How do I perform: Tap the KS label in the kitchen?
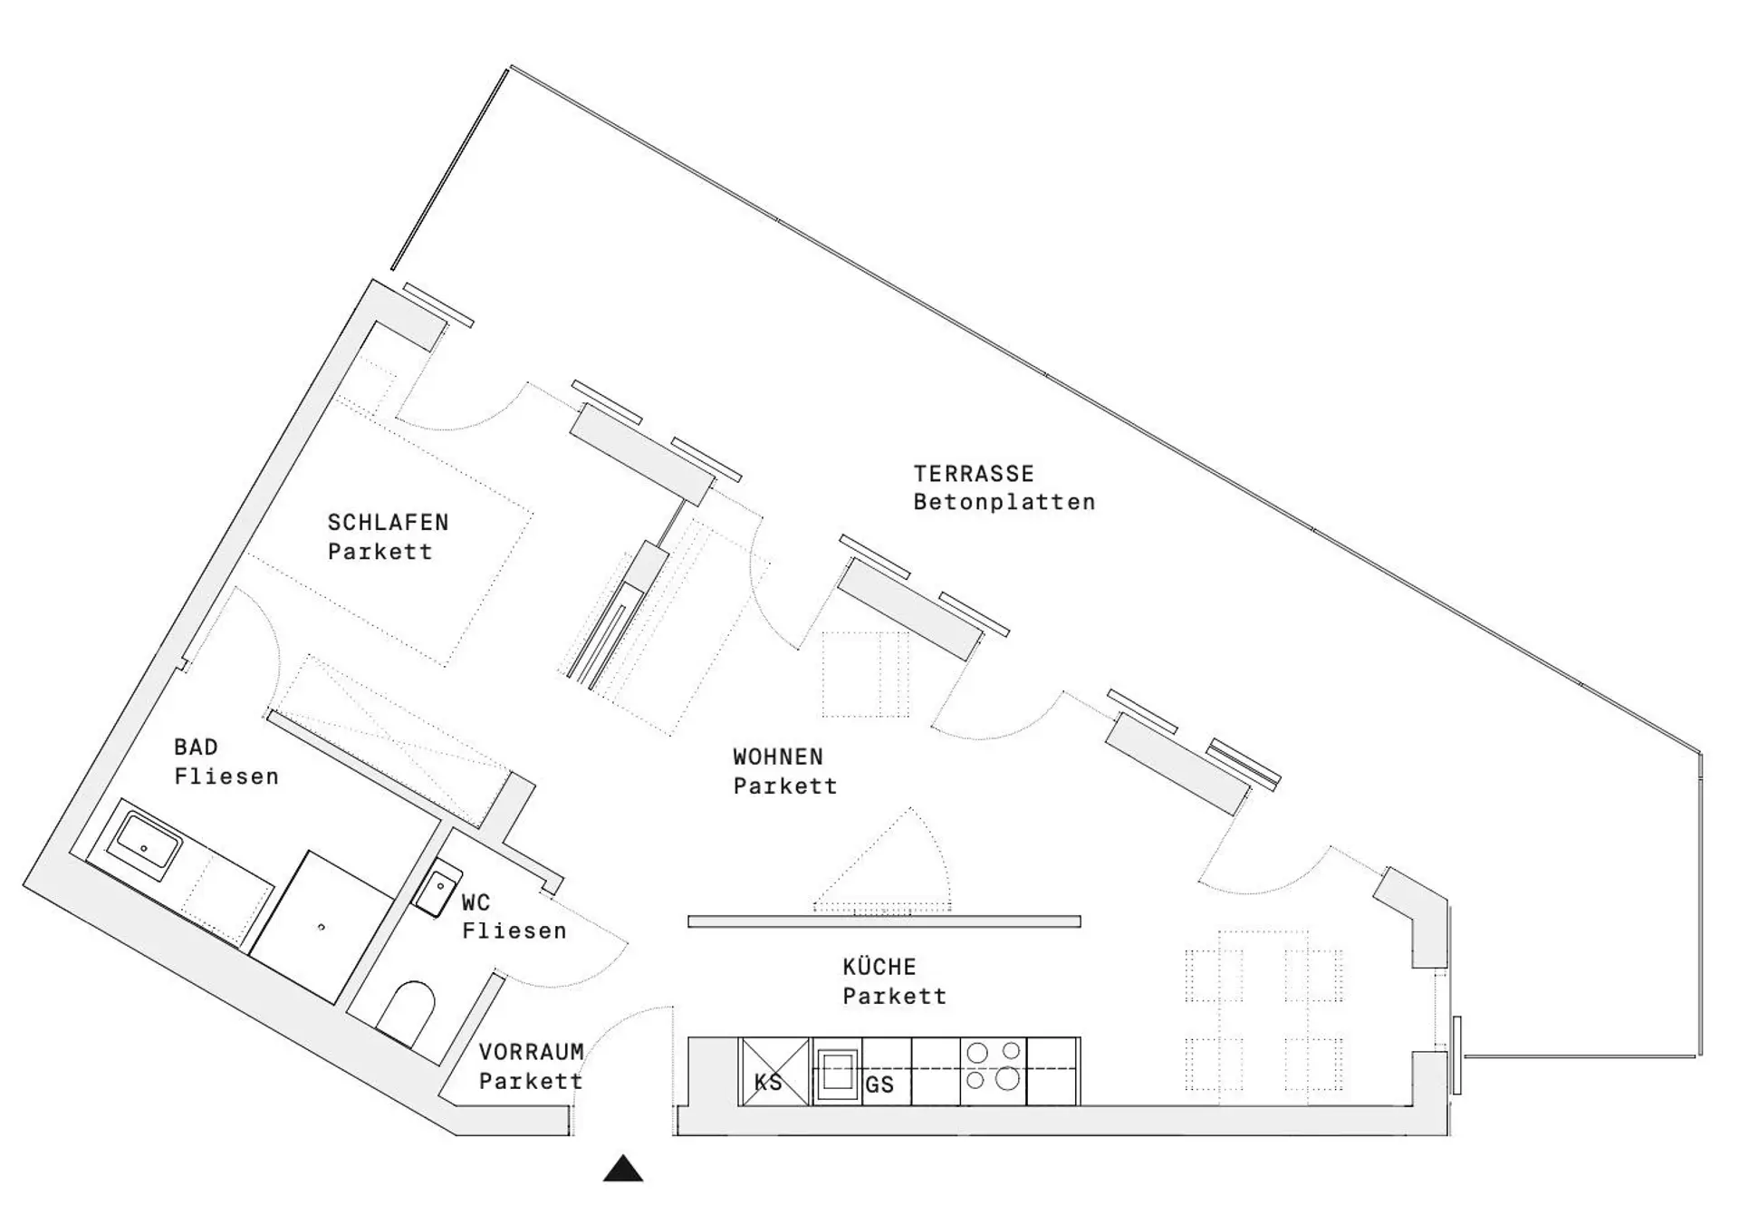pos(768,1083)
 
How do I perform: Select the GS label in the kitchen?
pos(879,1084)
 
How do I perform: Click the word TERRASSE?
pos(974,473)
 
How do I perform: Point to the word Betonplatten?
pos(1004,502)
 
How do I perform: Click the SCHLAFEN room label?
pos(389,523)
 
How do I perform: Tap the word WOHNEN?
pos(778,757)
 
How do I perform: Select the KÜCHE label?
pos(879,966)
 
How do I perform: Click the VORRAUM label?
pos(532,1052)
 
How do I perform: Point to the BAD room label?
pos(196,747)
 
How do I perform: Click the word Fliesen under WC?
pos(514,930)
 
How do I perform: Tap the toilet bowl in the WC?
pos(406,1011)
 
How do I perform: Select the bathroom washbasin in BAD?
pos(145,843)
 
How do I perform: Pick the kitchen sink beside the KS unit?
pos(837,1073)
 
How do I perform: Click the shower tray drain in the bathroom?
pos(322,927)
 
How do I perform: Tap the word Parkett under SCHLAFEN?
pos(380,552)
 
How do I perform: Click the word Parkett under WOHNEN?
pos(785,786)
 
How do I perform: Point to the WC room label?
pos(476,902)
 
